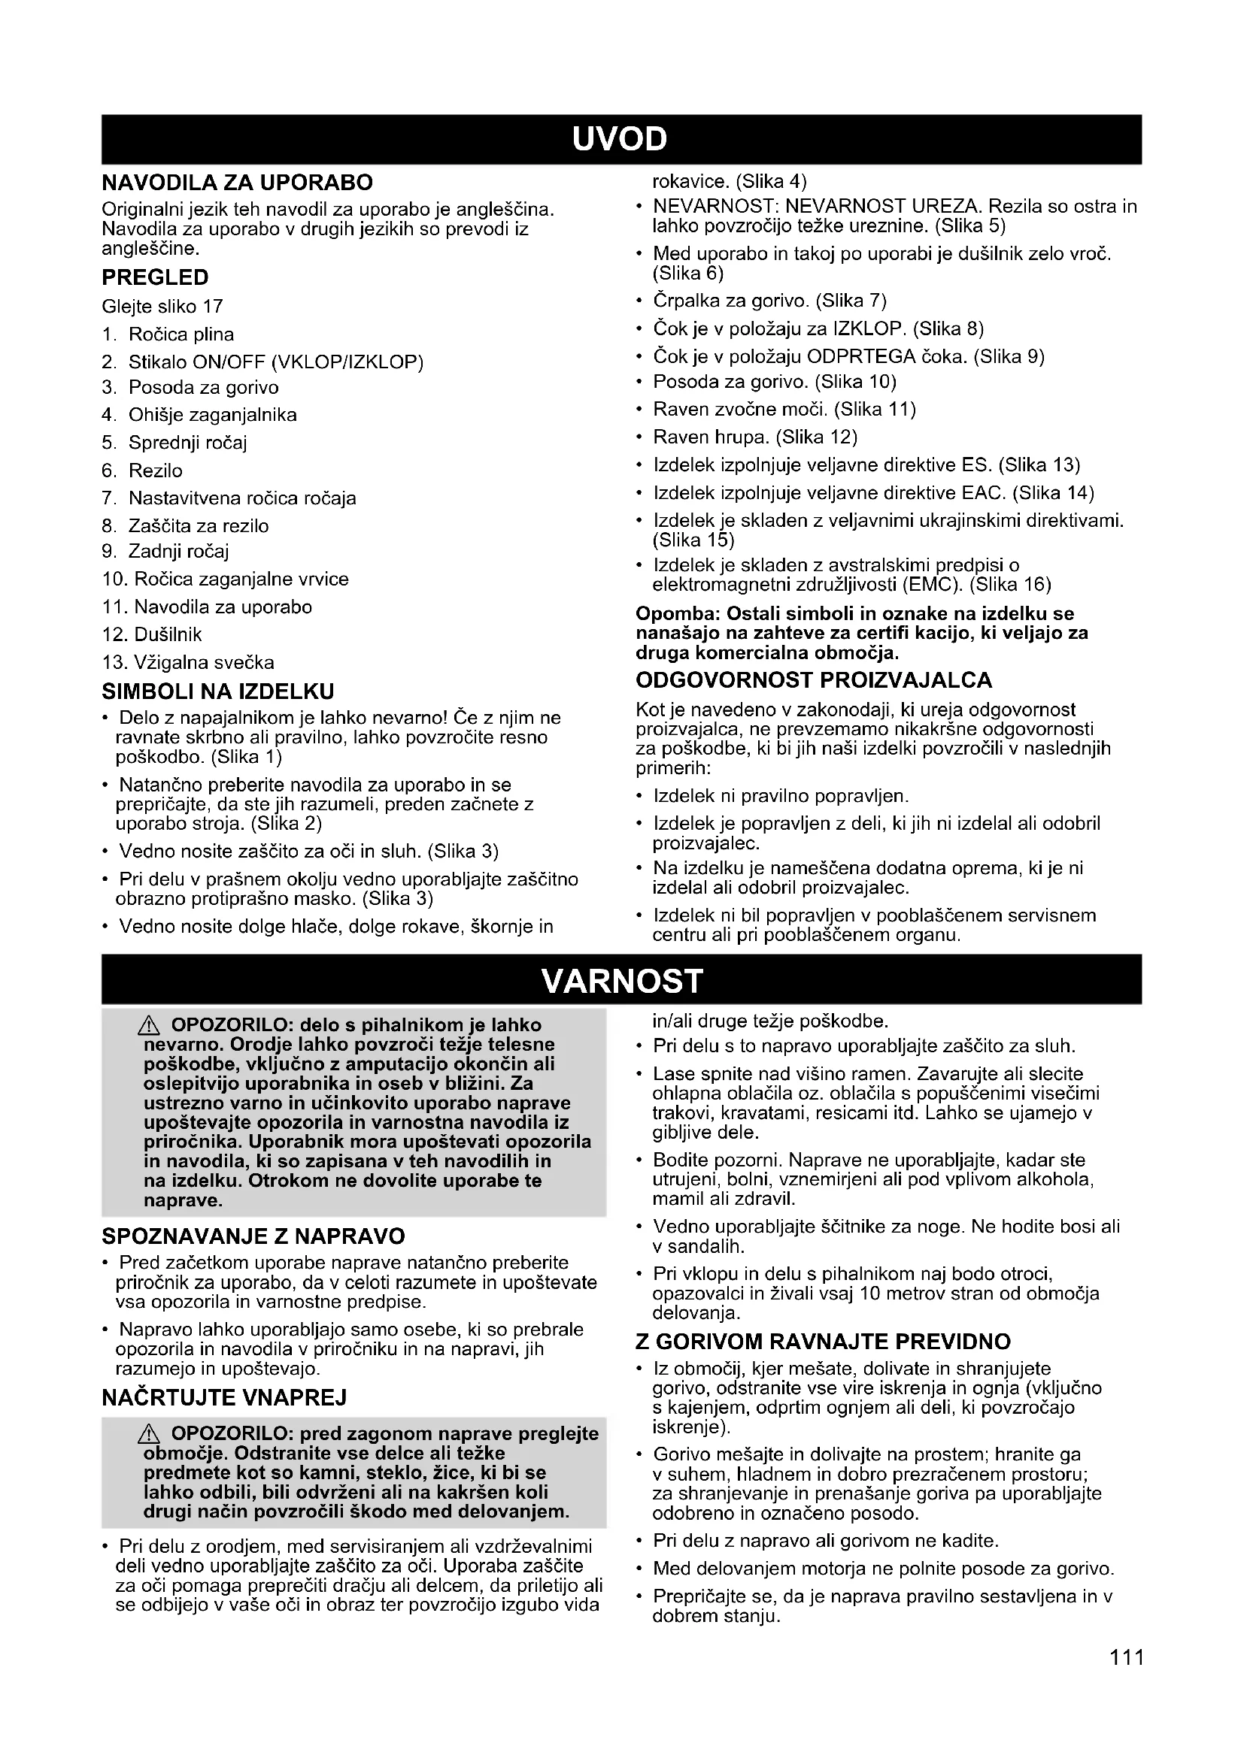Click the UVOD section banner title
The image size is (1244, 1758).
point(620,139)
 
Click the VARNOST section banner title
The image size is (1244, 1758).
point(621,981)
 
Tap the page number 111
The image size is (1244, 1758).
point(1127,1658)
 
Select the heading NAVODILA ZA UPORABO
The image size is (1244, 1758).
point(238,182)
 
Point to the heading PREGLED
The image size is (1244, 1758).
point(155,277)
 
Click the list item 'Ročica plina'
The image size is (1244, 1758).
point(181,334)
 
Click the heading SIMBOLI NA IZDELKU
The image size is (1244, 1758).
point(218,692)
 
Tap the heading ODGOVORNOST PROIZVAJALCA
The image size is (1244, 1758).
point(814,680)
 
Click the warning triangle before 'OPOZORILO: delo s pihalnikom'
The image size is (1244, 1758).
point(150,1026)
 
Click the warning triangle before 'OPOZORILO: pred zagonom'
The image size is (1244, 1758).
point(150,1434)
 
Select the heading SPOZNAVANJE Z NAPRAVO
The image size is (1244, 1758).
point(253,1236)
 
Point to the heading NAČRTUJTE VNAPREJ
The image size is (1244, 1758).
point(224,1398)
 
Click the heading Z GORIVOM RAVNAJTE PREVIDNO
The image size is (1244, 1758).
point(824,1342)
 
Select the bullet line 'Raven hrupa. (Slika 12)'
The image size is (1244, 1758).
point(754,437)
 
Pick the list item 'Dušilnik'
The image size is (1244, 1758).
point(168,635)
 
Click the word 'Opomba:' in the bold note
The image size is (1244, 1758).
point(678,613)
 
